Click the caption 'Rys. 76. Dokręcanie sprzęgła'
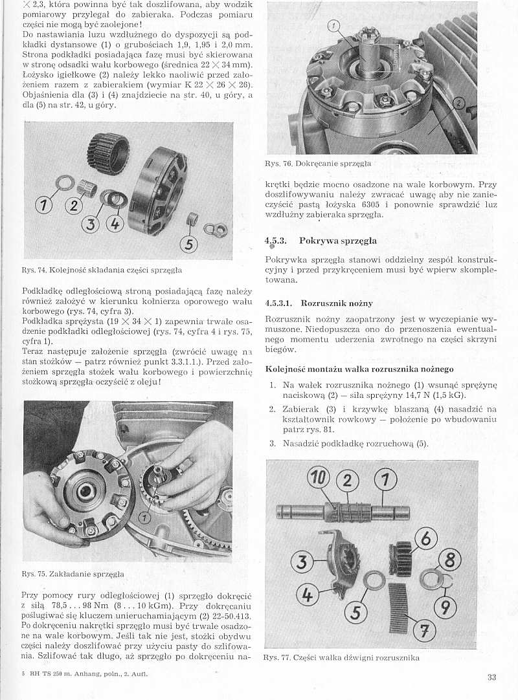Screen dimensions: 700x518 click(318, 164)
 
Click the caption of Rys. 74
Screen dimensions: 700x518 click(102, 269)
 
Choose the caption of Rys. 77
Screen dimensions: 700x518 click(341, 658)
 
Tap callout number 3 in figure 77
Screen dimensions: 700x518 click(301, 562)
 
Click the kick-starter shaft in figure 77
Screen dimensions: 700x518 click(343, 512)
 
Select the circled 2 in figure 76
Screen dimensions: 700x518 click(458, 105)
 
